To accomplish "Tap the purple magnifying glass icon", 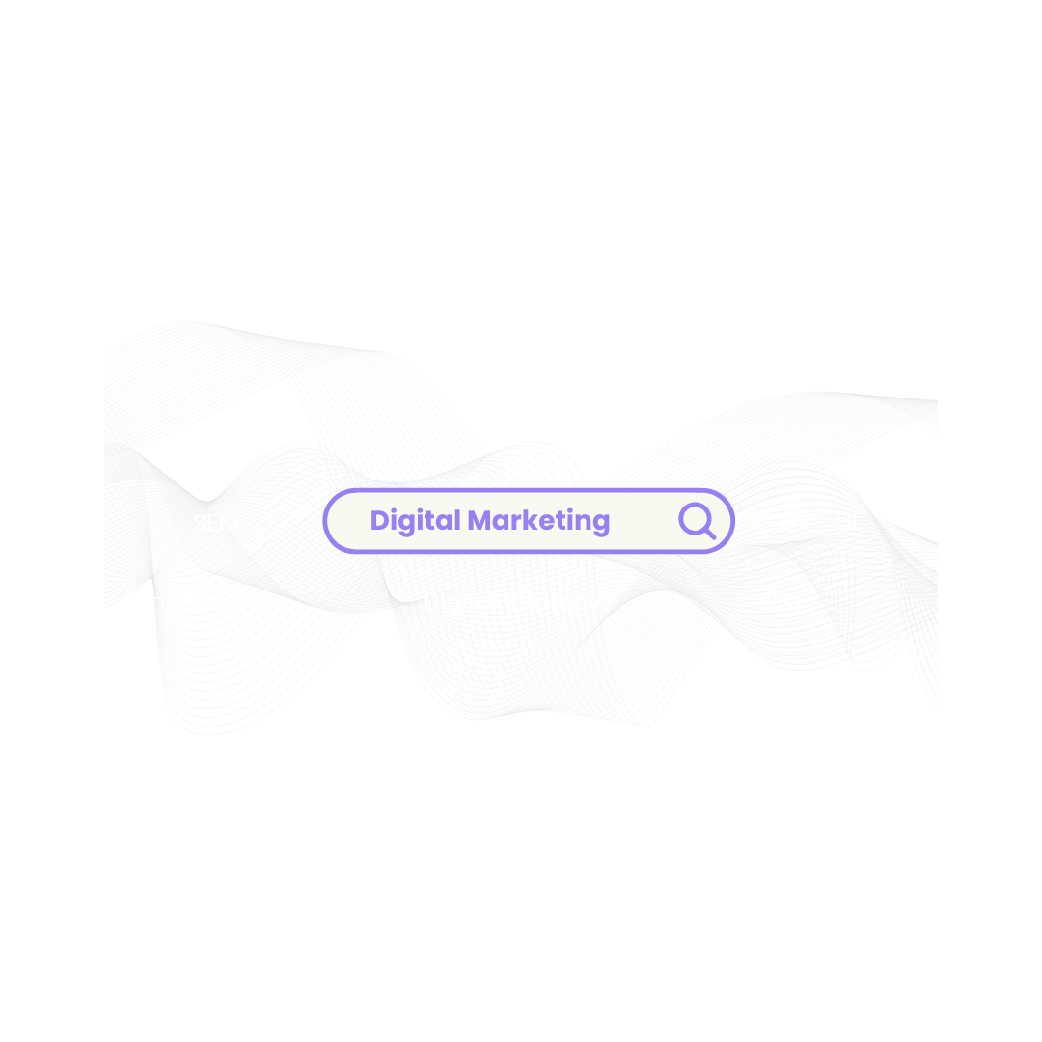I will tap(696, 521).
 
